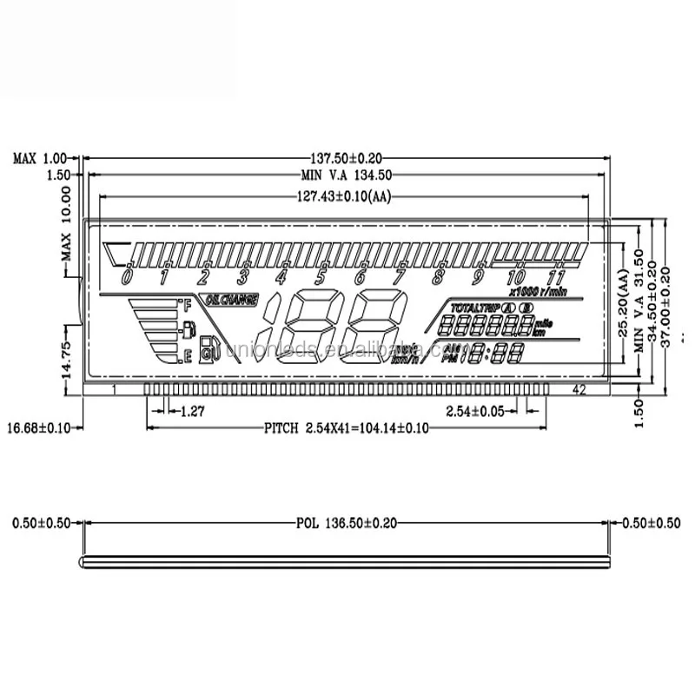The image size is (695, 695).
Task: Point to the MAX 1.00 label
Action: click(x=39, y=158)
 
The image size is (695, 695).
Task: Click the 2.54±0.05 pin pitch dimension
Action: click(x=474, y=411)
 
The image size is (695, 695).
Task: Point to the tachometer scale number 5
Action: click(x=320, y=278)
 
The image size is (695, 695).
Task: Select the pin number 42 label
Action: click(x=579, y=390)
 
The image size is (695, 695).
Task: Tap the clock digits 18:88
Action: click(x=491, y=353)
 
